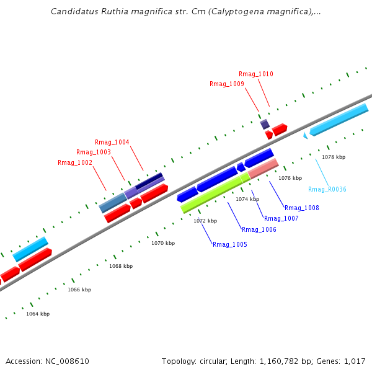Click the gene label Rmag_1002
(x=75, y=163)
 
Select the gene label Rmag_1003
(x=94, y=153)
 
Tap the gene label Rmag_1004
(x=112, y=143)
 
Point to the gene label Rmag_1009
(x=227, y=84)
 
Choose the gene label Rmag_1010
(x=256, y=74)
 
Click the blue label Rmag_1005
(x=230, y=245)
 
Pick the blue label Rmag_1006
(x=259, y=230)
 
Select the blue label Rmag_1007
(x=281, y=219)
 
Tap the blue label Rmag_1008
(x=302, y=208)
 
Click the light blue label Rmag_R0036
(x=327, y=190)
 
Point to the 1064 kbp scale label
(x=38, y=314)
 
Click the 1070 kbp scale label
(x=163, y=243)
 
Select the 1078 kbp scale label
(x=334, y=157)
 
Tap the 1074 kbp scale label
(x=247, y=199)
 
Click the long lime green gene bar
(x=211, y=193)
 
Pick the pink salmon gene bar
(x=263, y=168)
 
